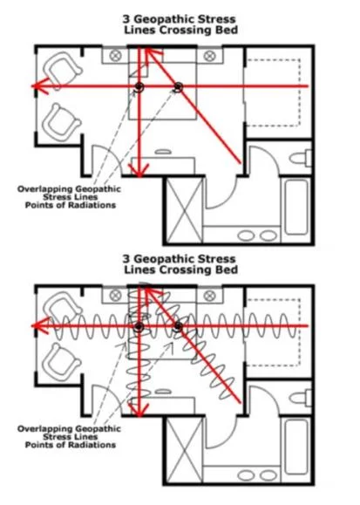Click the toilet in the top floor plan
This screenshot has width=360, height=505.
pyautogui.click(x=301, y=158)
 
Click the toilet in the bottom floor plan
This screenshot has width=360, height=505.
pyautogui.click(x=301, y=398)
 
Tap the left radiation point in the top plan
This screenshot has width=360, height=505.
pyautogui.click(x=139, y=86)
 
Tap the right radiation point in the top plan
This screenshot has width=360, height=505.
pyautogui.click(x=179, y=86)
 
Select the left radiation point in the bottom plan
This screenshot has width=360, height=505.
pyautogui.click(x=139, y=326)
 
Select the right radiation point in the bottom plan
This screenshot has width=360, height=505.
pyautogui.click(x=178, y=326)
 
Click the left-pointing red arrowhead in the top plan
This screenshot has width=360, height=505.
pyautogui.click(x=39, y=86)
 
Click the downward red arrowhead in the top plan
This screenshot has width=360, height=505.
pyautogui.click(x=139, y=170)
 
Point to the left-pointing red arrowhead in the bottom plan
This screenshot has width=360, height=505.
pyautogui.click(x=39, y=326)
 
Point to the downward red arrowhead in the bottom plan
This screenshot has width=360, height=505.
pyautogui.click(x=139, y=410)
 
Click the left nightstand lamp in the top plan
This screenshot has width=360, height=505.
pyautogui.click(x=115, y=56)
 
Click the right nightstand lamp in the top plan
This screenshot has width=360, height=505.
pyautogui.click(x=209, y=56)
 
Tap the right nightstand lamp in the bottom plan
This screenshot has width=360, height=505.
pyautogui.click(x=209, y=296)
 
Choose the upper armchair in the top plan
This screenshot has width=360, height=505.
pyautogui.click(x=62, y=70)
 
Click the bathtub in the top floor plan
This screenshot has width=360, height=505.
pyautogui.click(x=296, y=207)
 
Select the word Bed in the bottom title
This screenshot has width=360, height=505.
pyautogui.click(x=228, y=270)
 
